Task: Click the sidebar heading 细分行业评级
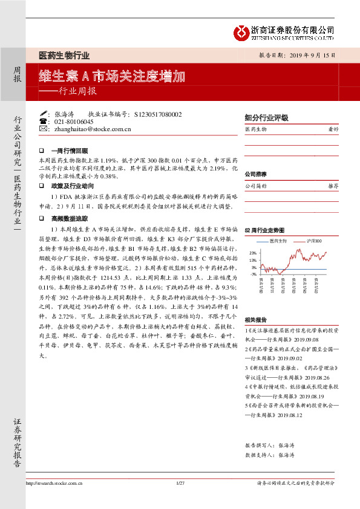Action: point(266,118)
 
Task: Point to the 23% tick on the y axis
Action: point(253,253)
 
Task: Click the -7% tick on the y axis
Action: point(253,274)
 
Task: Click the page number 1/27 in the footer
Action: point(180,483)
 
